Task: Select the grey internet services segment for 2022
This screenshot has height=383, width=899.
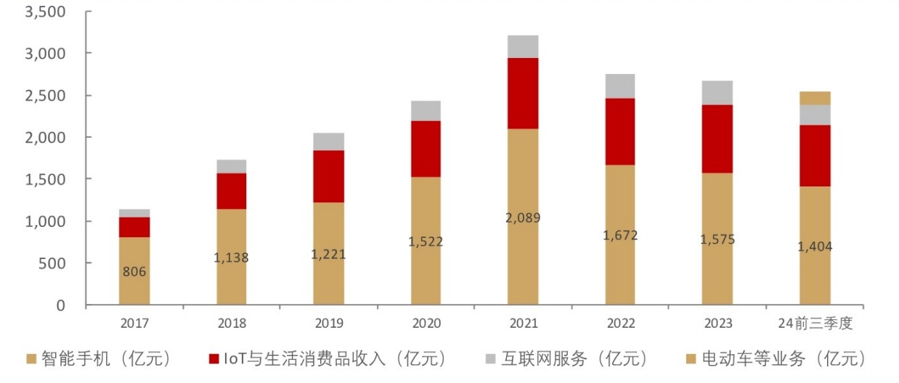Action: coord(619,86)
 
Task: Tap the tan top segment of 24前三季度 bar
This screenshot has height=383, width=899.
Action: coord(815,98)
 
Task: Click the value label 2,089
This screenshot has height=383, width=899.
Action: coord(523,217)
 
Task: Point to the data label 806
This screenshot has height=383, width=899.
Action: coord(134,272)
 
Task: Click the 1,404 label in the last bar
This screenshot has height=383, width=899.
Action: coord(815,247)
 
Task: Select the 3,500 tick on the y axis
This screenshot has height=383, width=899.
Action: coord(45,12)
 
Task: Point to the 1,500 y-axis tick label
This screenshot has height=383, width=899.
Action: coord(45,179)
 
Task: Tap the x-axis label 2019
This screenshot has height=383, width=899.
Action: coord(329,324)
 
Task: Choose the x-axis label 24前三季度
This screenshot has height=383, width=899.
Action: coord(815,324)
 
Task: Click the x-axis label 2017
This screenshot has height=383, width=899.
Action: coord(134,324)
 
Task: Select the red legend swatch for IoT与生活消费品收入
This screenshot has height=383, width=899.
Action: coord(213,358)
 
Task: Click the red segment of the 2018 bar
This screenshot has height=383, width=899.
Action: coord(232,191)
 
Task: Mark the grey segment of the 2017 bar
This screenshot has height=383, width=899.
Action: coord(134,213)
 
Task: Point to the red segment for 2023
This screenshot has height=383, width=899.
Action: coord(717,139)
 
